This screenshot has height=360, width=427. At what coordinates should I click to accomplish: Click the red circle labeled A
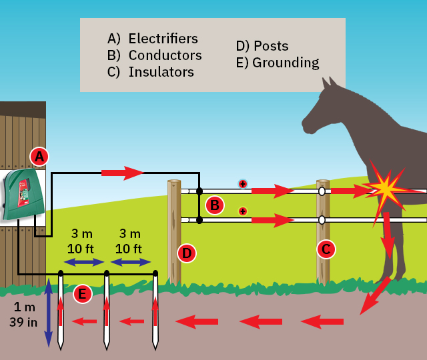[x=39, y=157]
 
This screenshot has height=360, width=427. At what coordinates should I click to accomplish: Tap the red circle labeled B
[x=215, y=205]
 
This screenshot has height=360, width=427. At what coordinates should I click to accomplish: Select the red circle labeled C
[x=326, y=249]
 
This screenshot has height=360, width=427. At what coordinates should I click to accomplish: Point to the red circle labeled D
[x=187, y=253]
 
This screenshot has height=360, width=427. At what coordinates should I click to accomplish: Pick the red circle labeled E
[x=83, y=293]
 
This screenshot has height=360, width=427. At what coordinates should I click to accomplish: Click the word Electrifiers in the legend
[x=163, y=39]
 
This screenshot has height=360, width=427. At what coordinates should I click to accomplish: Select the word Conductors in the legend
[x=165, y=55]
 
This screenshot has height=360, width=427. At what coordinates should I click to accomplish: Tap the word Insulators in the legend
[x=161, y=72]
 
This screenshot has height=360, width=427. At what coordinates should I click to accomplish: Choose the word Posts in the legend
[x=271, y=46]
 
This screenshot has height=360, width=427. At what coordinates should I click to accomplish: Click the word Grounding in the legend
[x=286, y=63]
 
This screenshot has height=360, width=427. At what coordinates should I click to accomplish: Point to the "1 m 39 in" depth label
[x=23, y=315]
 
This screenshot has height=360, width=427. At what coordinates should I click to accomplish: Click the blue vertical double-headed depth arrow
[x=48, y=313]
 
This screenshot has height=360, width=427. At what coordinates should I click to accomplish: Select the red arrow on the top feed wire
[x=123, y=173]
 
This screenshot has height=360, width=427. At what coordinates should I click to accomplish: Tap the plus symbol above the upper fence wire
[x=243, y=183]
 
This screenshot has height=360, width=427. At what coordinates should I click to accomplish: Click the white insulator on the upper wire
[x=322, y=191]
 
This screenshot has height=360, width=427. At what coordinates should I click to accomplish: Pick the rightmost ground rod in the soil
[x=155, y=310]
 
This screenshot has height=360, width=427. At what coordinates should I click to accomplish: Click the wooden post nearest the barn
[x=173, y=230]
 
